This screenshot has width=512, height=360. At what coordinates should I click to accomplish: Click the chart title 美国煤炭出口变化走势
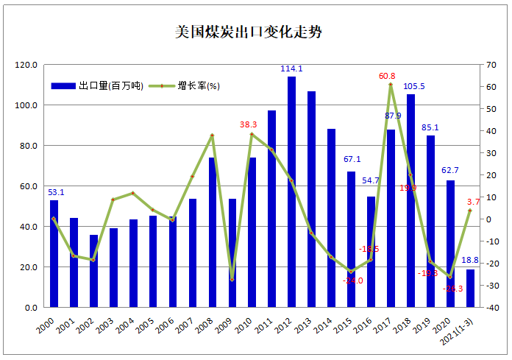coord(249,33)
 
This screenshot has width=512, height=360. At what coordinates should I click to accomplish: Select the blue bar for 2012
coord(292,191)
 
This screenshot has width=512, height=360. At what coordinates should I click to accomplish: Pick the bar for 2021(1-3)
coord(470,288)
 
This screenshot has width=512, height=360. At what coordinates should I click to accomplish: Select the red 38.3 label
coord(249,124)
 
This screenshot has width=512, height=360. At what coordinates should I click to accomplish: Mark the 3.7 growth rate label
coord(474,202)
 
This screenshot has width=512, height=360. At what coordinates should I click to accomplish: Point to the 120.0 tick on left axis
coord(26,65)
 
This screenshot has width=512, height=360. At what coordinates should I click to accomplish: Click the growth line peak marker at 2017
coord(391,85)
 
